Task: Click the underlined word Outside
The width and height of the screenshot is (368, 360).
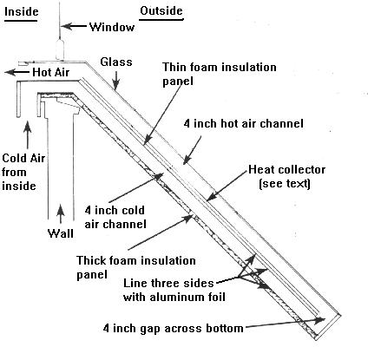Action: (162, 10)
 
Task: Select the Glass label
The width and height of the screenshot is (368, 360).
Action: (115, 62)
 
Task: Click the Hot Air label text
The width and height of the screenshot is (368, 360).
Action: (50, 73)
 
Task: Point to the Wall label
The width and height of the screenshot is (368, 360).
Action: (59, 232)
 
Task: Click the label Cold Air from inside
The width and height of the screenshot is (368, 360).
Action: (21, 171)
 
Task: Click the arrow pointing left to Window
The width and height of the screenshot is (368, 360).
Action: (82, 27)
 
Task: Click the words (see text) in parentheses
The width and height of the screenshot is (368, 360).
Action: (285, 183)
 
